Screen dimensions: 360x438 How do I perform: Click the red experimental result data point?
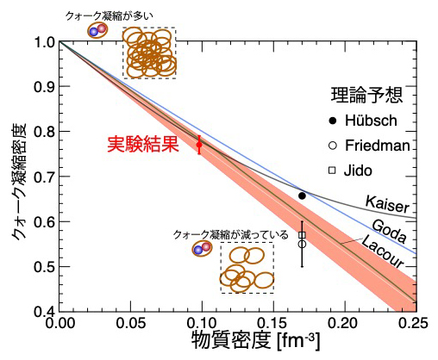pos(199,145)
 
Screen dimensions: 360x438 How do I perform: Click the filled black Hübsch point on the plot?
pos(302,196)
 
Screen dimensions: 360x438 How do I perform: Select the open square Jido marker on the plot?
pos(302,234)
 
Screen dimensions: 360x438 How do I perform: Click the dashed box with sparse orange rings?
pos(247,269)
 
